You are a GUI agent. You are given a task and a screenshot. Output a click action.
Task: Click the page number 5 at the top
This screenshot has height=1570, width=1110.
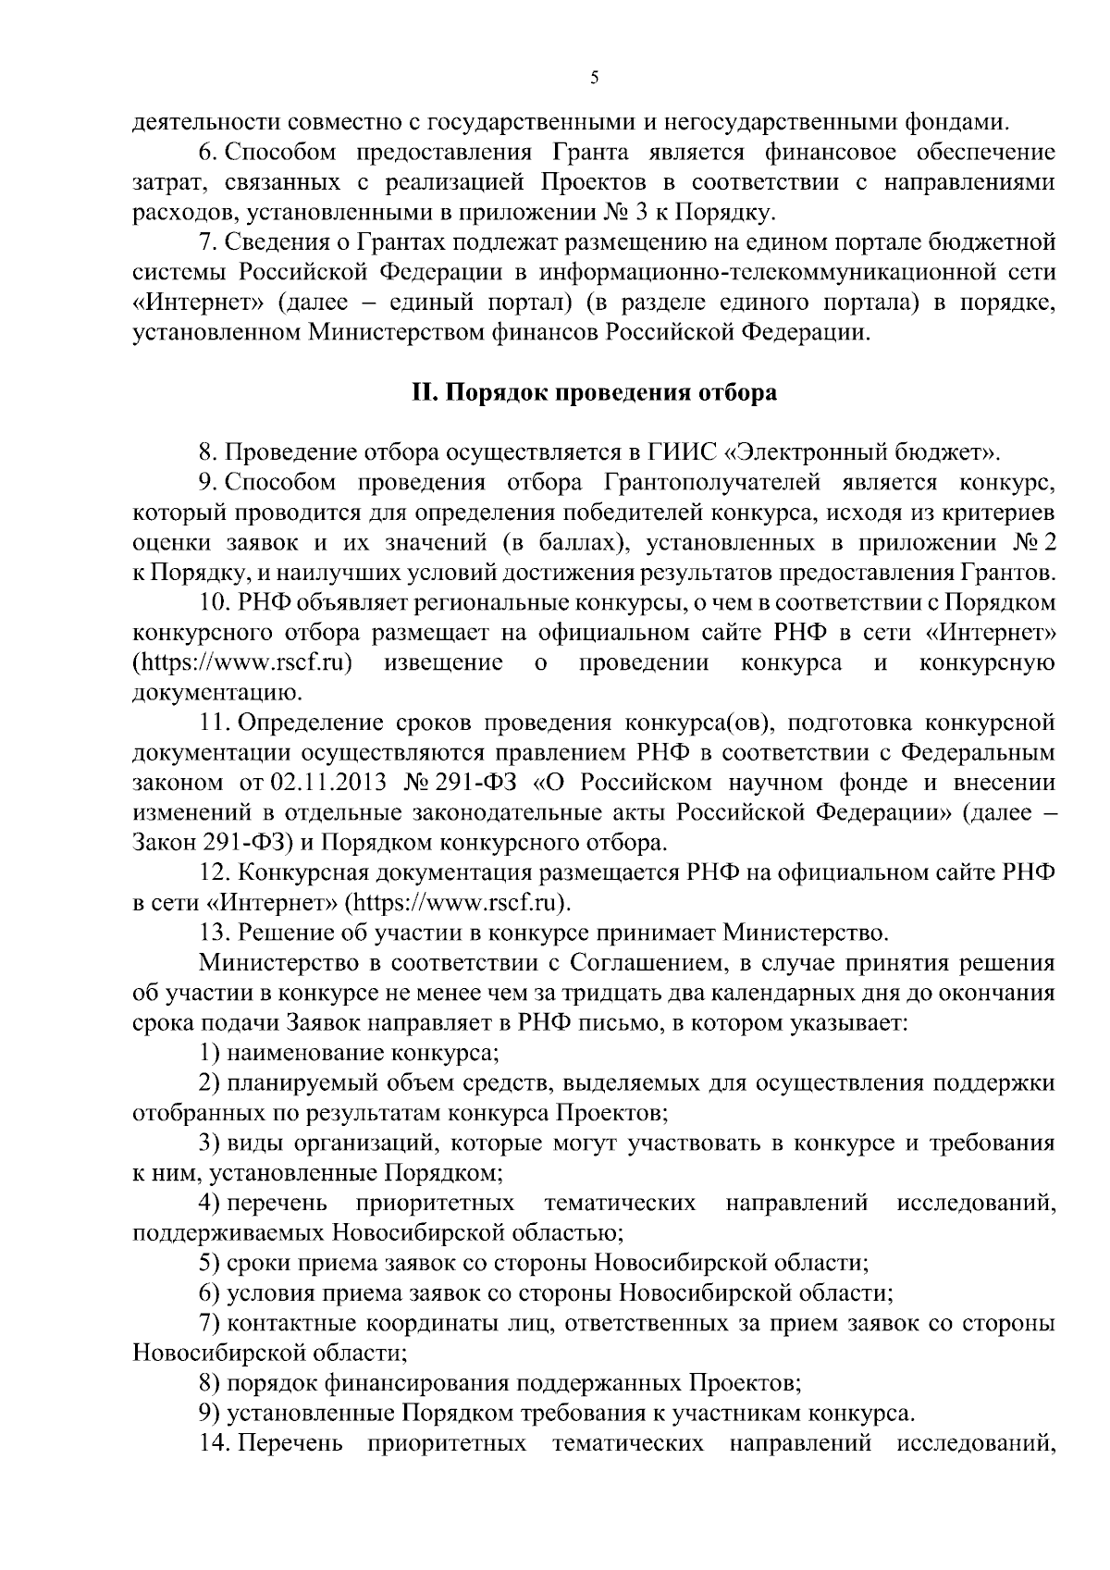[595, 79]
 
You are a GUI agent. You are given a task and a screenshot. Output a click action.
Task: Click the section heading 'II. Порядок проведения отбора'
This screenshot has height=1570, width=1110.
[594, 393]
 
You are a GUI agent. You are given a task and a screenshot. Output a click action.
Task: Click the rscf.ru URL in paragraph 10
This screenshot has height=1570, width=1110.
[246, 662]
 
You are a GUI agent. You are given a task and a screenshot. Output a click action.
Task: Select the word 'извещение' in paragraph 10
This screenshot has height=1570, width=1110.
[443, 662]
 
